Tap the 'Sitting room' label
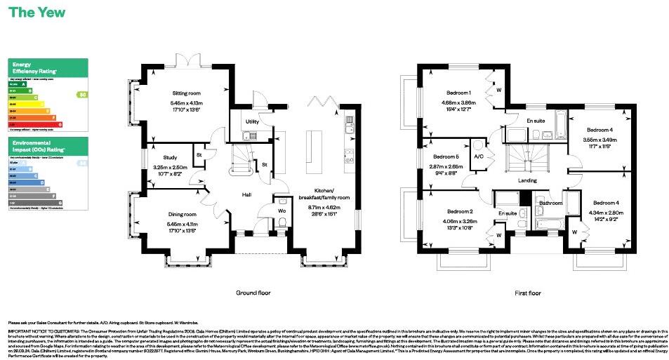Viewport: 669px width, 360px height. [187, 93]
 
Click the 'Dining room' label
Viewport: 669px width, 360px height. [187, 214]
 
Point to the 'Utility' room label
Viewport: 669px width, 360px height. [252, 122]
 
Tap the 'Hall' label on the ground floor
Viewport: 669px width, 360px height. [246, 194]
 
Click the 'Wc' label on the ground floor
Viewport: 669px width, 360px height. [281, 210]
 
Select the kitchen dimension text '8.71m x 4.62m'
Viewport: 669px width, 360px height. [324, 208]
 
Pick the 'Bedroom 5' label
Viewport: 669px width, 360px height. [446, 156]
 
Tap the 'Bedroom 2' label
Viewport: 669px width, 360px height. [460, 211]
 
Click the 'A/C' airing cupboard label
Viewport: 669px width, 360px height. [479, 156]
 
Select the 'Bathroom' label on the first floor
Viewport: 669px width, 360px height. [551, 204]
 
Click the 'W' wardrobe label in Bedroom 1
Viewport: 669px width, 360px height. [498, 90]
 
